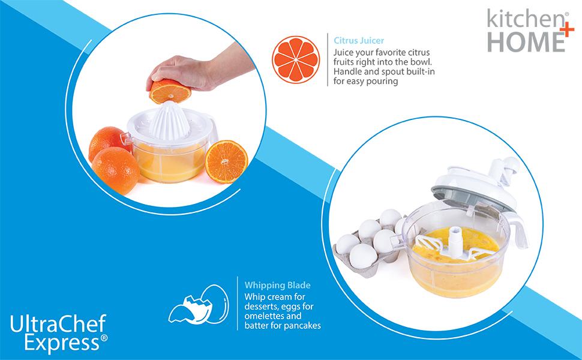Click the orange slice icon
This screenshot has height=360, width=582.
(296, 60)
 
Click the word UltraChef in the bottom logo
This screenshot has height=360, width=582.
(58, 325)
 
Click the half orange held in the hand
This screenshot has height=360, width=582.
(169, 91)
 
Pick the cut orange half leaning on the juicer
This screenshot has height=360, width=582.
(226, 160)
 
